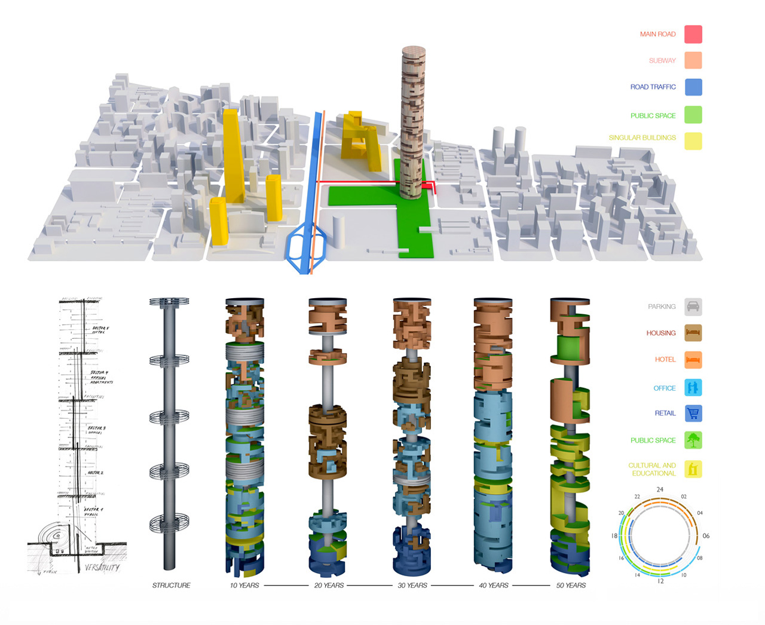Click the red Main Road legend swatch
[693, 34]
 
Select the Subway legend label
[662, 60]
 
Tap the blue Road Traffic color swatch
[693, 87]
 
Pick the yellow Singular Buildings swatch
[693, 141]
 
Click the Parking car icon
[693, 307]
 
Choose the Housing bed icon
[693, 333]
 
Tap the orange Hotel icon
[693, 360]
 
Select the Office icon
[693, 388]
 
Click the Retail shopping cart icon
[693, 413]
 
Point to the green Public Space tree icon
[693, 440]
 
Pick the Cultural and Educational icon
[693, 469]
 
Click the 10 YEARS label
[244, 586]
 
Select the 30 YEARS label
[412, 586]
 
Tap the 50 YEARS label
[571, 586]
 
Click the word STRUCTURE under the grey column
[171, 586]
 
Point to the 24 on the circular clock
[660, 489]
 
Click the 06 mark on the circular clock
[706, 536]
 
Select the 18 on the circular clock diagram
[614, 536]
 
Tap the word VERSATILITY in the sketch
[102, 568]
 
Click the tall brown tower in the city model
[413, 120]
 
